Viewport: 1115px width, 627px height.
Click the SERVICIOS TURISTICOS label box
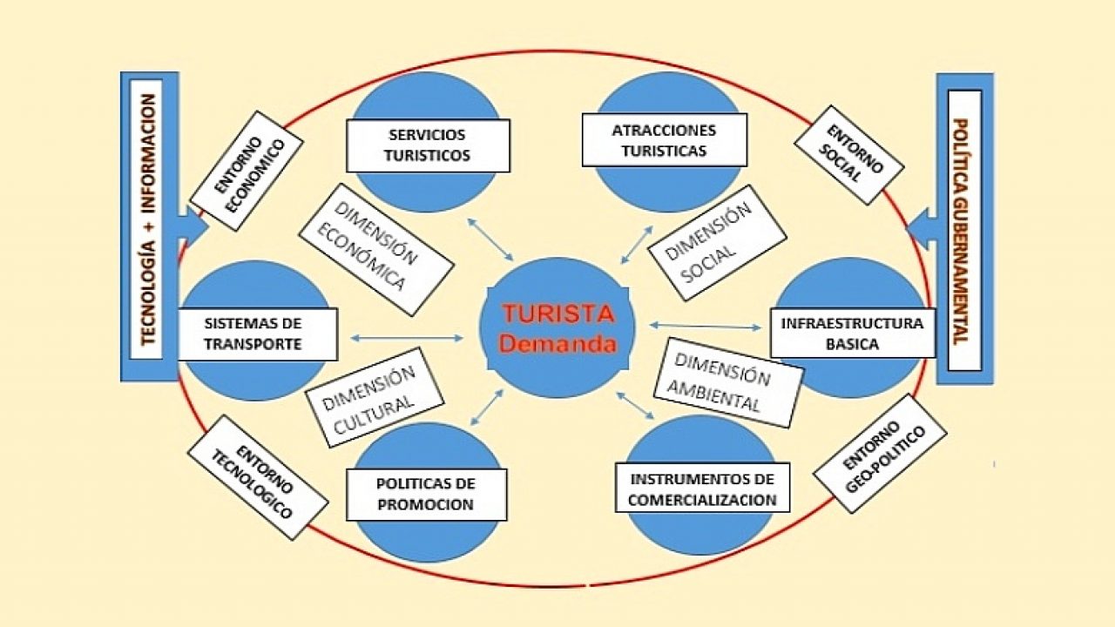(x=428, y=145)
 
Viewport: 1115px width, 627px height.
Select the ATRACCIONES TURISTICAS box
(x=665, y=140)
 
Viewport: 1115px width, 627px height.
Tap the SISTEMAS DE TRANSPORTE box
(x=257, y=334)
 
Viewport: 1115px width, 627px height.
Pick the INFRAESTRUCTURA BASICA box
(x=853, y=334)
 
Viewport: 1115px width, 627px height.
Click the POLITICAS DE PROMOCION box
(x=426, y=494)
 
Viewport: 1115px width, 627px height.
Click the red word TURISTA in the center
(x=558, y=314)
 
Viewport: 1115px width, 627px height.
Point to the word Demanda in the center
(x=558, y=344)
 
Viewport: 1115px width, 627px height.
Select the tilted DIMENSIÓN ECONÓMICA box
(x=376, y=250)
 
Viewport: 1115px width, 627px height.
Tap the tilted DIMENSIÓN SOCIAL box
(x=717, y=243)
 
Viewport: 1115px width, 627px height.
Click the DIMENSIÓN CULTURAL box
(x=375, y=397)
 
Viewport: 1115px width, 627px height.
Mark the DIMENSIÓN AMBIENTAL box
(x=728, y=382)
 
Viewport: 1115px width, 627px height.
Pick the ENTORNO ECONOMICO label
(x=247, y=171)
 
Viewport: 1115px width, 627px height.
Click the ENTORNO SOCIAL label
(x=849, y=155)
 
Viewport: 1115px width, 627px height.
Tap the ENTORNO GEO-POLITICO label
(x=880, y=454)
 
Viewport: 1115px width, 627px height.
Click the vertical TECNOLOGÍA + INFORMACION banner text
(x=148, y=219)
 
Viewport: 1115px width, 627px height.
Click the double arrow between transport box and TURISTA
(x=407, y=339)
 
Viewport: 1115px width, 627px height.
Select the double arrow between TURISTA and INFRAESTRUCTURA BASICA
(x=706, y=327)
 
